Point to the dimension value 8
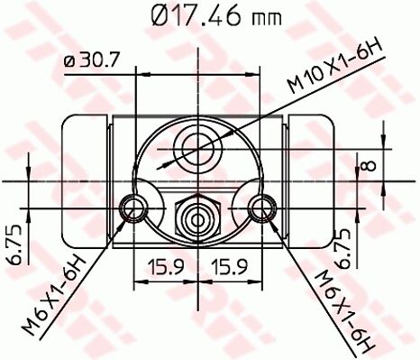click(367, 165)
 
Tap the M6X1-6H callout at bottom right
click(344, 308)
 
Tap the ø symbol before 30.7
click(70, 61)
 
